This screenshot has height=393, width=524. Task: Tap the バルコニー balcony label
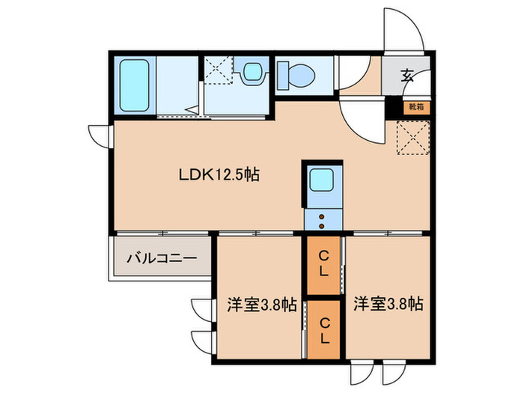click(161, 259)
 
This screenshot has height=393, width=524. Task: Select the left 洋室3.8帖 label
click(261, 305)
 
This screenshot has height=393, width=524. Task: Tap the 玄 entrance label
click(407, 76)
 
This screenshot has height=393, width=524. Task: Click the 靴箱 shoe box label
click(415, 106)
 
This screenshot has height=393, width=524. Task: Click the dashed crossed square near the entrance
click(411, 138)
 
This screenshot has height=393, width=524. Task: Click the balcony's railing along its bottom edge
click(161, 278)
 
